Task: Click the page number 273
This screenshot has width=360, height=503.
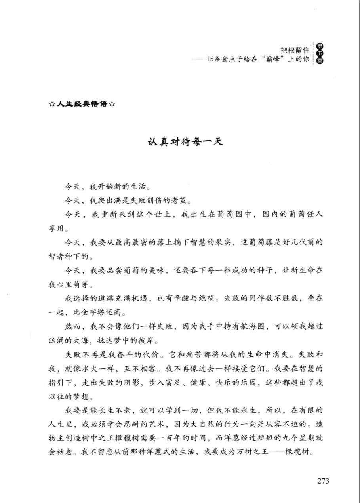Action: click(323, 481)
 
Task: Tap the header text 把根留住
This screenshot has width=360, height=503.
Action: click(295, 51)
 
